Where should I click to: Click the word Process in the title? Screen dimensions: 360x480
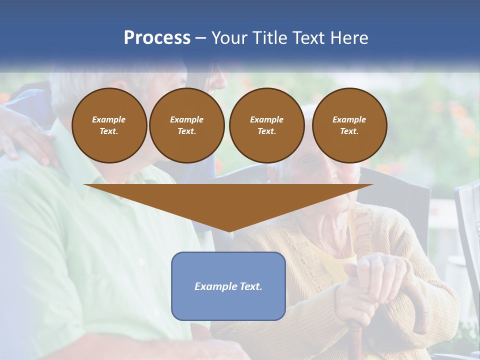157,38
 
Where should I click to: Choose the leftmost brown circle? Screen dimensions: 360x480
109,125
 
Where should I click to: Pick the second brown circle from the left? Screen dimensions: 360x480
187,125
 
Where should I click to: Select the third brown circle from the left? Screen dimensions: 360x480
267,125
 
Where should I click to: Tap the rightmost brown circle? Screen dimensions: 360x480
349,125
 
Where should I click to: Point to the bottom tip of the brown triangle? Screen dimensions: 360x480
229,230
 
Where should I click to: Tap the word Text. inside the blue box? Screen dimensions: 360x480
250,286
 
